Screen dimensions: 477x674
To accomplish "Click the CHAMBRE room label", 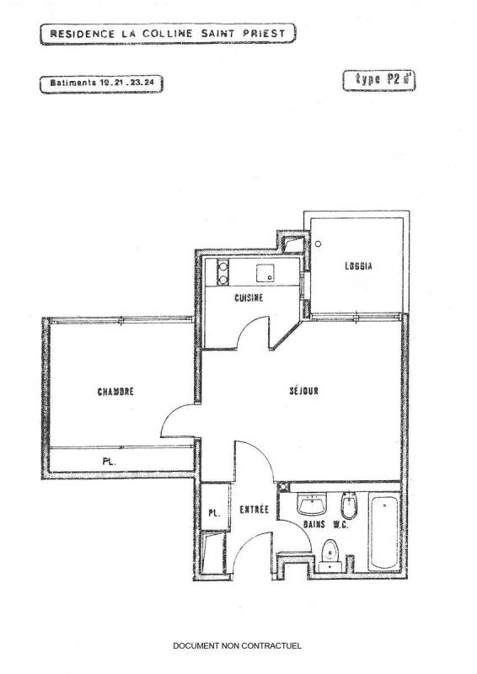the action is [115, 392].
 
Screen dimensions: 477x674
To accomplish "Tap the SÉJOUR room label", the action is [303, 391].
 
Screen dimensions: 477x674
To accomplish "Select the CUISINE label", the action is [249, 297].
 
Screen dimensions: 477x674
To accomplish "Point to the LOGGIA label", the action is [358, 266].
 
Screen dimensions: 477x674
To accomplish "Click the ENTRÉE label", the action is [255, 510].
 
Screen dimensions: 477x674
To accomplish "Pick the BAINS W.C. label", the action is [325, 524].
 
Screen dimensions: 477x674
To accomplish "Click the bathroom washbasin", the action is [312, 504].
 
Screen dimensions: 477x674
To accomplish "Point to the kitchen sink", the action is [265, 273].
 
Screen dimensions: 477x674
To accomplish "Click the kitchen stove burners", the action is [222, 272].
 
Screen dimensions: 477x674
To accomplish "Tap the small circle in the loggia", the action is [318, 243].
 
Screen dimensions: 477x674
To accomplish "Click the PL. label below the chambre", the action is [110, 462].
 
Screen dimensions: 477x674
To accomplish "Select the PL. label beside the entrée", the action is [214, 513].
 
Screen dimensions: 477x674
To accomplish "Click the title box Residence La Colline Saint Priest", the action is [169, 34].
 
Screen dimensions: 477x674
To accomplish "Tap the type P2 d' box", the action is [379, 80].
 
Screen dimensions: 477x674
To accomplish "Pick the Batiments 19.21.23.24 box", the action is [101, 83].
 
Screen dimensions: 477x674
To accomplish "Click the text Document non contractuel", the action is [237, 645].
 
